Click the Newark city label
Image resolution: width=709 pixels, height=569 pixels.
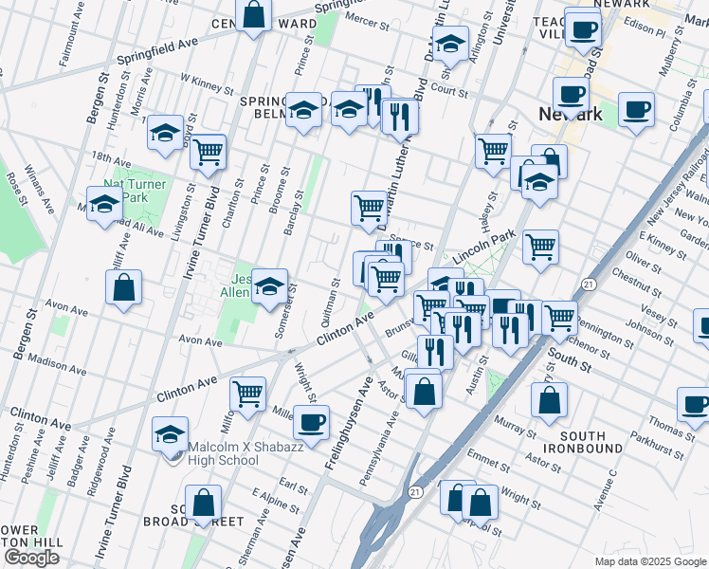coord(571,115)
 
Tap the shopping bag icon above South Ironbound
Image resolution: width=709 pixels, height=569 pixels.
coord(549,400)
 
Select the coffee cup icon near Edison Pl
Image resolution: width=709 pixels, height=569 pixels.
coord(582,28)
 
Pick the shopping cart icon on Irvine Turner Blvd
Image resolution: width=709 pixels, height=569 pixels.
coord(208,151)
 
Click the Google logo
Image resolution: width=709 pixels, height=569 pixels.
coord(31,558)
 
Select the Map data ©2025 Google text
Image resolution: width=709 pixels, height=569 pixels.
coord(650,561)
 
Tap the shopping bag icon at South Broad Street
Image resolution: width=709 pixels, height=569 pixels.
coord(203,504)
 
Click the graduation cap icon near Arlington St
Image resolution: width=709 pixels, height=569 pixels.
coord(450,43)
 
